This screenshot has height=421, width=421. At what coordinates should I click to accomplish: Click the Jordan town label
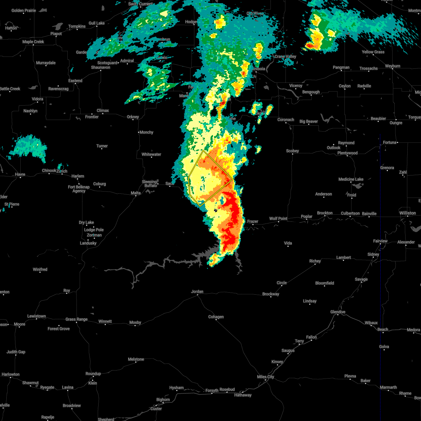197,292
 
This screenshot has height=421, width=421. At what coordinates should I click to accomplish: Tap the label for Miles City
266,377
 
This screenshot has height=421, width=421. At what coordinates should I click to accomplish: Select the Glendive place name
338,312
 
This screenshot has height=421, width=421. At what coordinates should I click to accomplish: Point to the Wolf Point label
278,219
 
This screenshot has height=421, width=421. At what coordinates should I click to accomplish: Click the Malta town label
135,193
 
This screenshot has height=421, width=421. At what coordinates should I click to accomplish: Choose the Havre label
20,174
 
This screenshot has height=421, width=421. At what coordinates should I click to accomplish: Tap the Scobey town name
293,151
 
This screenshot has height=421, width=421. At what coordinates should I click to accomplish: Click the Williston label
407,213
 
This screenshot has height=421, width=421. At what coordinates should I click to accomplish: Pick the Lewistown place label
36,316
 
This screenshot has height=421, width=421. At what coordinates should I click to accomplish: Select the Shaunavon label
101,67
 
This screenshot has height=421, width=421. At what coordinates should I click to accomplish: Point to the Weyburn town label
393,66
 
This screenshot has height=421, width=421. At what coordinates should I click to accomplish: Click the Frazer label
253,221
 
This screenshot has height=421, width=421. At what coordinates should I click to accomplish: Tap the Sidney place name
373,254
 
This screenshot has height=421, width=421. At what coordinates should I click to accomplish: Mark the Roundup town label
93,374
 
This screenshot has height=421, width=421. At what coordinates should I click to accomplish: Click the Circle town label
282,283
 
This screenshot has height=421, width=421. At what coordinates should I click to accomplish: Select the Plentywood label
347,153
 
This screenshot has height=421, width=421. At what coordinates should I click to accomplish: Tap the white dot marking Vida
288,247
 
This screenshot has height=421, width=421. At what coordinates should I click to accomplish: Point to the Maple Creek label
33,42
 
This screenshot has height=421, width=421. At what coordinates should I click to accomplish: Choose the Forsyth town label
212,391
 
